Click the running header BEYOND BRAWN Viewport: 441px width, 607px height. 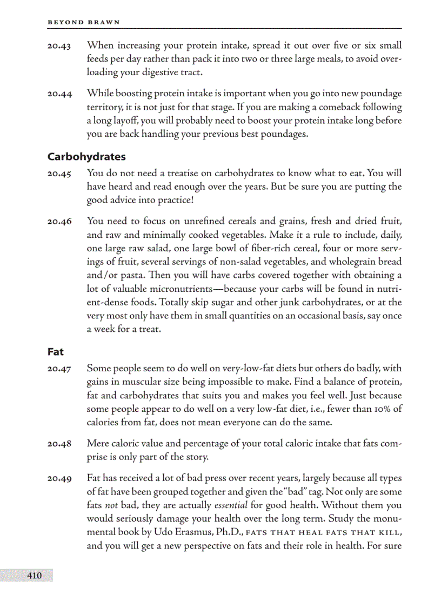pyautogui.click(x=84, y=22)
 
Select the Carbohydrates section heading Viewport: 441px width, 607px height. pyautogui.click(x=86, y=157)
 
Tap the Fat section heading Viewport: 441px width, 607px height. pyautogui.click(x=55, y=352)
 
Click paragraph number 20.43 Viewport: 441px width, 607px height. pyautogui.click(x=59, y=46)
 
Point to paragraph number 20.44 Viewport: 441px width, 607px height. pyautogui.click(x=59, y=94)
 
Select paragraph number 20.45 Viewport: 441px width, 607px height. pyautogui.click(x=59, y=174)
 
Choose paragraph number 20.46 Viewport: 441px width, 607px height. pyautogui.click(x=59, y=222)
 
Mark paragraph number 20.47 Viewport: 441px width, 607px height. pyautogui.click(x=59, y=369)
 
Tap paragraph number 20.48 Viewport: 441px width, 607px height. pyautogui.click(x=59, y=444)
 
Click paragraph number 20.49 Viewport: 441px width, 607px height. pyautogui.click(x=59, y=479)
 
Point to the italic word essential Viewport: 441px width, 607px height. pyautogui.click(x=231, y=505)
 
